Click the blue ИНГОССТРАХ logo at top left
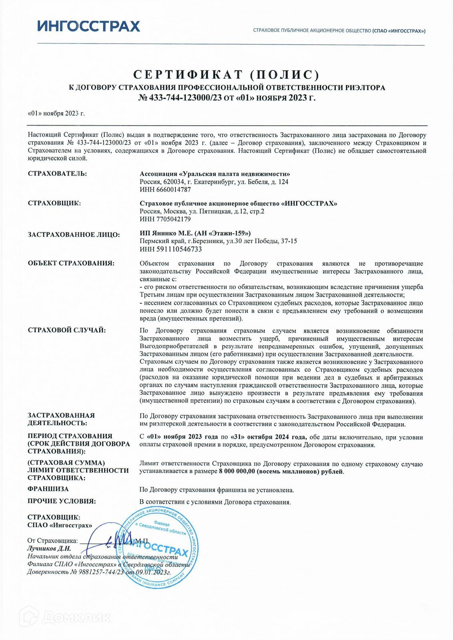point(88,26)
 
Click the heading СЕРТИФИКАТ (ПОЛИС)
point(226,75)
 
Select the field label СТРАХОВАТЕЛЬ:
point(57,174)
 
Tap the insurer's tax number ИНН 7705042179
point(165,219)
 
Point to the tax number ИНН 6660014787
point(165,190)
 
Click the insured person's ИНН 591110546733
point(170,249)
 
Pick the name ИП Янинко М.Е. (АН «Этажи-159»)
point(195,233)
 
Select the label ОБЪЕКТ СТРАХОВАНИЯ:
point(71,263)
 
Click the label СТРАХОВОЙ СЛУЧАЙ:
point(67,330)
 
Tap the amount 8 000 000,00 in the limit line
point(237,472)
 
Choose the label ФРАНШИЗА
point(48,489)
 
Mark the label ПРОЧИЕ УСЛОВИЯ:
point(62,501)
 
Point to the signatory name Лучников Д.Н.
point(49,548)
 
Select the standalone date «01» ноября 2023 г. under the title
point(56,113)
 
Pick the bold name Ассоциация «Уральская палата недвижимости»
point(214,174)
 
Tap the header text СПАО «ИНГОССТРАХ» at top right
point(399,31)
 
